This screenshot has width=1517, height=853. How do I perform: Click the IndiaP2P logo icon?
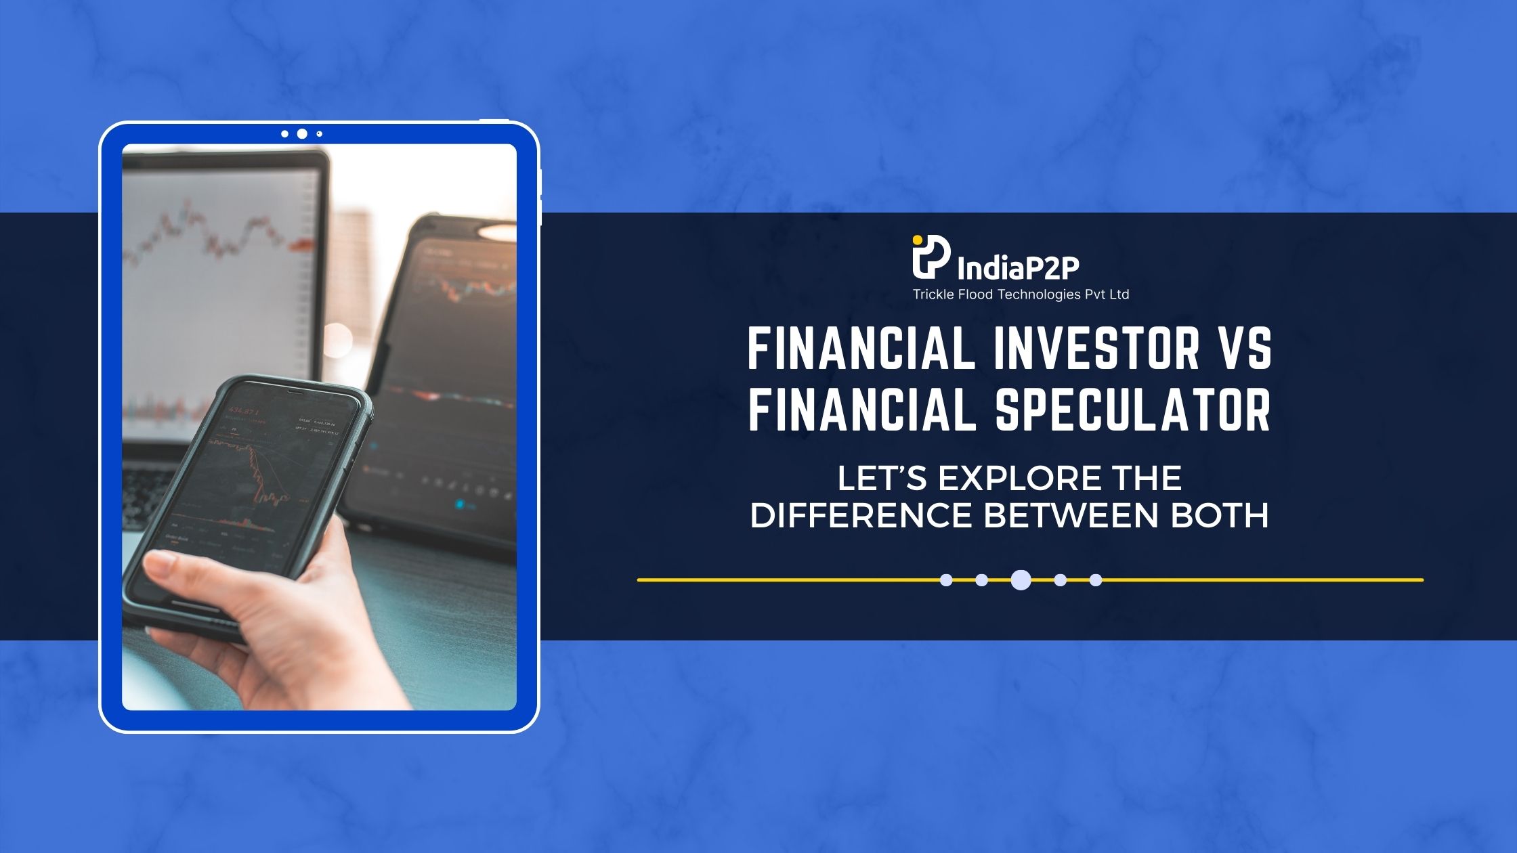click(931, 257)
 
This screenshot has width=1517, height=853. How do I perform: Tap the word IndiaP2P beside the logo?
click(1018, 269)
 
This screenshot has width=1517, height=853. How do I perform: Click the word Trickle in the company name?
click(932, 294)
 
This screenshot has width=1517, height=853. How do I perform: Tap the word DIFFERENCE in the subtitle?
click(861, 516)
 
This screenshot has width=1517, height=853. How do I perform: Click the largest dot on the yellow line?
click(1021, 580)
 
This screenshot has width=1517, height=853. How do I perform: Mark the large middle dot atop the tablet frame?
click(302, 134)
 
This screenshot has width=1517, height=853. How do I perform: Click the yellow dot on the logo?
click(917, 239)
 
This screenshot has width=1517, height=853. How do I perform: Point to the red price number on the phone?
click(244, 411)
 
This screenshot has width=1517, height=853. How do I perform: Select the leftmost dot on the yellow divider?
click(947, 580)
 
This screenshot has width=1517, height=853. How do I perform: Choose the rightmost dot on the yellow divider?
click(1096, 580)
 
